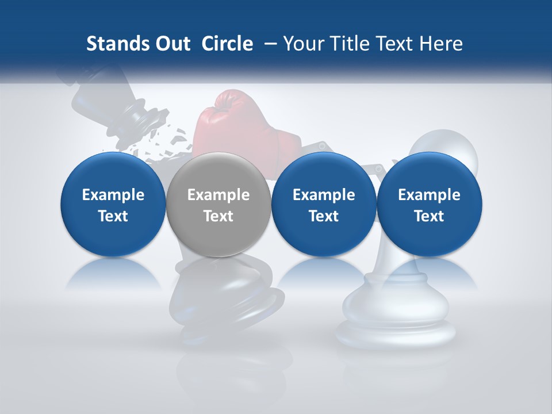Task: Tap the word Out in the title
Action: [171, 44]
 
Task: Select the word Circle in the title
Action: [227, 44]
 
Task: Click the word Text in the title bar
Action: [397, 44]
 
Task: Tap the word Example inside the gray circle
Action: [218, 195]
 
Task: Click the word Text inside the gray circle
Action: [218, 216]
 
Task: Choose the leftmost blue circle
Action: [113, 205]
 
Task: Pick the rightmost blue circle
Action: [429, 205]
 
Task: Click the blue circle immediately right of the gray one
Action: [324, 205]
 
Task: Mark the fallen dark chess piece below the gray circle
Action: [230, 299]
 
